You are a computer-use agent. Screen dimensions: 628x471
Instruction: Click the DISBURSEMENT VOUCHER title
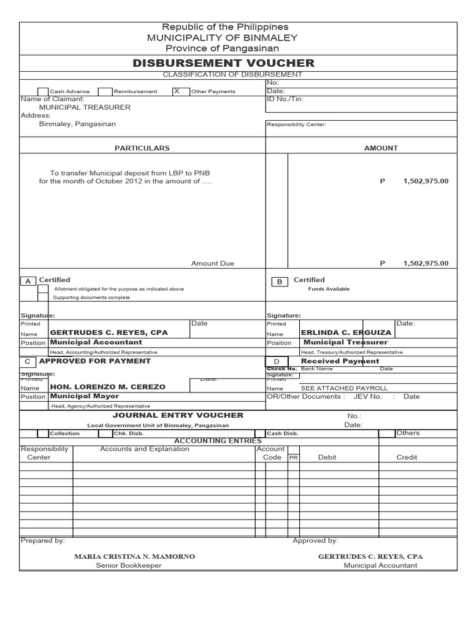pyautogui.click(x=223, y=63)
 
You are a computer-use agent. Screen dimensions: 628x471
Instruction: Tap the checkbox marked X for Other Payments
pyautogui.click(x=177, y=91)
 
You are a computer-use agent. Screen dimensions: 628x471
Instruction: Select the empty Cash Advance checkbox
pyautogui.click(x=42, y=91)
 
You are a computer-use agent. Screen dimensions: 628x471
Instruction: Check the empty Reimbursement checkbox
pyautogui.click(x=105, y=91)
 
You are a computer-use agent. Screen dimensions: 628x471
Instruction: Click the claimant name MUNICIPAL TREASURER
pyautogui.click(x=85, y=107)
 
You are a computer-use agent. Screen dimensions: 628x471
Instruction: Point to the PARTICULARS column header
pyautogui.click(x=142, y=148)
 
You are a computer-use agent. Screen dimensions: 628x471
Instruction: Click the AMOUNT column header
pyautogui.click(x=381, y=148)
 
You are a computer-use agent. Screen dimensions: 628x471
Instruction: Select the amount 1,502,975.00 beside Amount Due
pyautogui.click(x=426, y=263)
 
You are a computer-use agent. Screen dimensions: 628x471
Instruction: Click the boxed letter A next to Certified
pyautogui.click(x=28, y=281)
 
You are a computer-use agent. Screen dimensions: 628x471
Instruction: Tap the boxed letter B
pyautogui.click(x=279, y=281)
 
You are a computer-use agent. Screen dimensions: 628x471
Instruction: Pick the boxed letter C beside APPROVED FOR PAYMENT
pyautogui.click(x=28, y=362)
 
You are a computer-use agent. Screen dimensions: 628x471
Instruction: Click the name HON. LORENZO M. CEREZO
pyautogui.click(x=107, y=388)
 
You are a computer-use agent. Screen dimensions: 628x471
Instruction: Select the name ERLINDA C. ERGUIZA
pyautogui.click(x=346, y=332)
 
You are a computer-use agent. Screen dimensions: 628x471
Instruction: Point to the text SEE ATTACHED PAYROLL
pyautogui.click(x=344, y=388)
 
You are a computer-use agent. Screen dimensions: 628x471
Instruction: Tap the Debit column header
pyautogui.click(x=327, y=457)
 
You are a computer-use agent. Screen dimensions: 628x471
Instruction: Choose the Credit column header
pyautogui.click(x=407, y=457)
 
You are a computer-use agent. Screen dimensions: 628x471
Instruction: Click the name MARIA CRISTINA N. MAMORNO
pyautogui.click(x=134, y=556)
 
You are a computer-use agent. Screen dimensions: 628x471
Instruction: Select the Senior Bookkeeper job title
pyautogui.click(x=129, y=565)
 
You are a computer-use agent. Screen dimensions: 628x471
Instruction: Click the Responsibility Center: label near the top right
pyautogui.click(x=296, y=124)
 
